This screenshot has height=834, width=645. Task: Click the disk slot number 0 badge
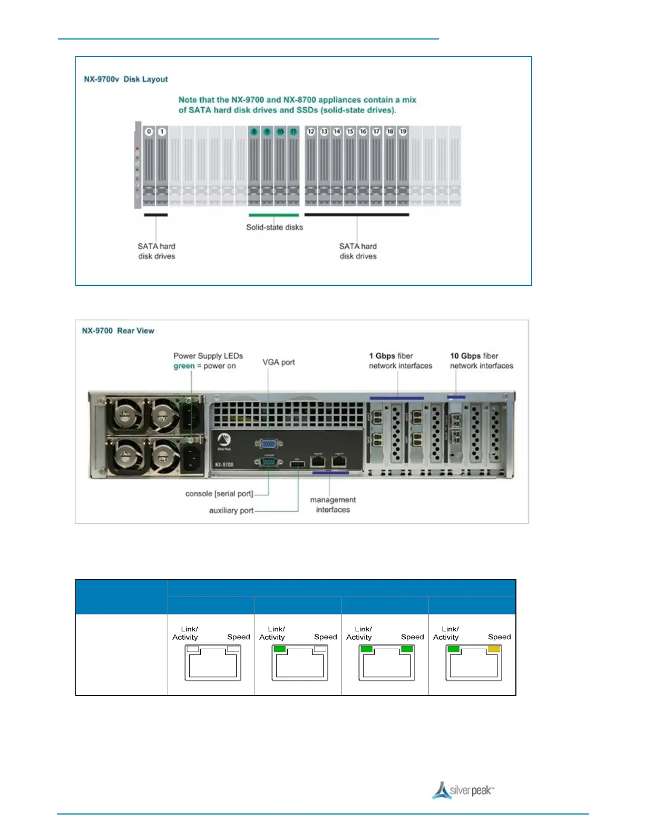149,132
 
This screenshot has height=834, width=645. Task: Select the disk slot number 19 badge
403,132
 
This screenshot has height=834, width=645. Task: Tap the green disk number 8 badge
254,132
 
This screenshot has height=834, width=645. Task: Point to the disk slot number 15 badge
350,132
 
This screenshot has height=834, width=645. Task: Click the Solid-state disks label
275,227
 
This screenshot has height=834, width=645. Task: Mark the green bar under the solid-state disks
273,215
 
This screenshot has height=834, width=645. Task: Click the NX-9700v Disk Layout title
126,80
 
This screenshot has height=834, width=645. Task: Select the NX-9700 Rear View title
118,331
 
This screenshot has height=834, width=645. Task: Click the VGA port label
279,362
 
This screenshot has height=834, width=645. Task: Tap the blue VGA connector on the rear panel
268,444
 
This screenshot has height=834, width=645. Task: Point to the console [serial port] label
219,494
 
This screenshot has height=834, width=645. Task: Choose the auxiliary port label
231,511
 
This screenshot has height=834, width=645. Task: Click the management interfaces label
333,505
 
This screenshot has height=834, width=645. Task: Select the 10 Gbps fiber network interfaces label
481,361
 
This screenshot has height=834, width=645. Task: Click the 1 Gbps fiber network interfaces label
400,361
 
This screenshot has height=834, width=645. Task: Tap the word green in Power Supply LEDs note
184,366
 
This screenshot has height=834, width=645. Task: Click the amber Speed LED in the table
494,649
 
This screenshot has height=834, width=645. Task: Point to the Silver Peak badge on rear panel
224,442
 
